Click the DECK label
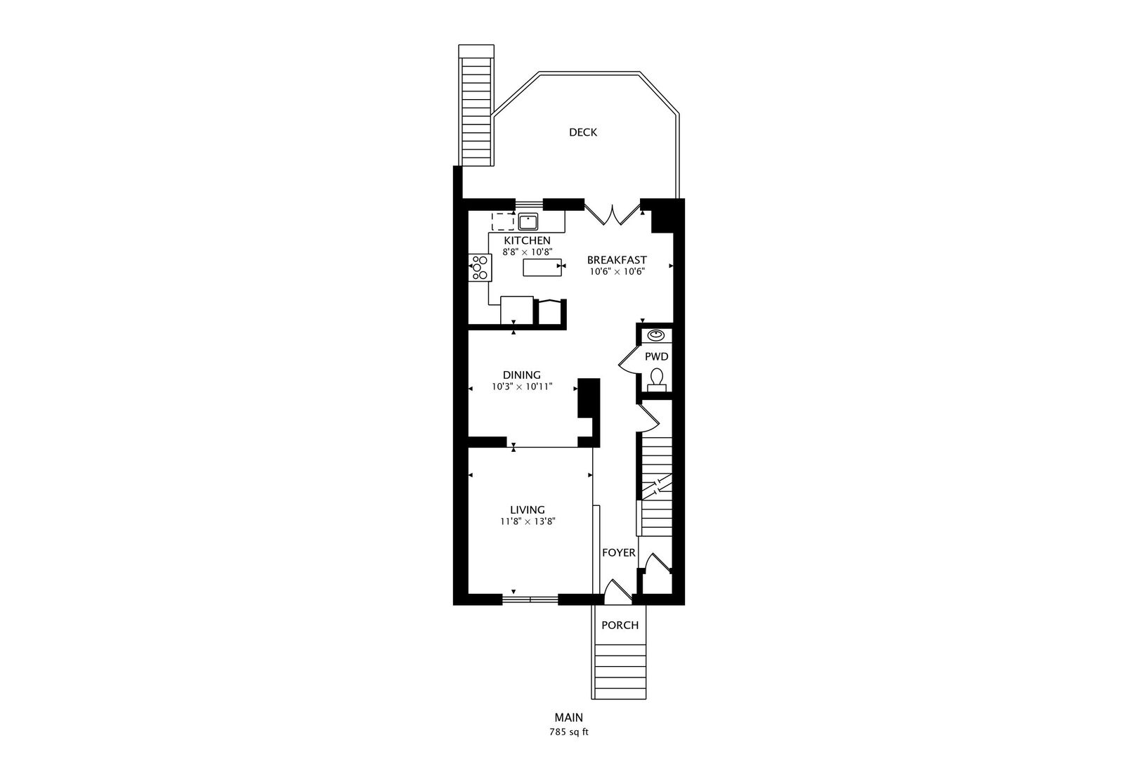(583, 132)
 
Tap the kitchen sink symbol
(528, 222)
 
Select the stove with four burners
(124, 267)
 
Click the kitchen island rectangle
(542, 267)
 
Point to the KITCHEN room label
(527, 240)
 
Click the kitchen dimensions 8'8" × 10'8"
(527, 252)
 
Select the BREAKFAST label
(617, 260)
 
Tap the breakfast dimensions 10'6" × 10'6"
(617, 271)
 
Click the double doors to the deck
(613, 214)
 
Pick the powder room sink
(656, 335)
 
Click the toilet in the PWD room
(657, 379)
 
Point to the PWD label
(656, 356)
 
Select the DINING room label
(522, 375)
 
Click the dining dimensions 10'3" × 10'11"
(522, 387)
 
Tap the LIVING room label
(528, 510)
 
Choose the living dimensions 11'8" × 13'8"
(528, 521)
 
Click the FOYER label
(619, 552)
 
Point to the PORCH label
(620, 625)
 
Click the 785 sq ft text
(568, 732)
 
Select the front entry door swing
(617, 592)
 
